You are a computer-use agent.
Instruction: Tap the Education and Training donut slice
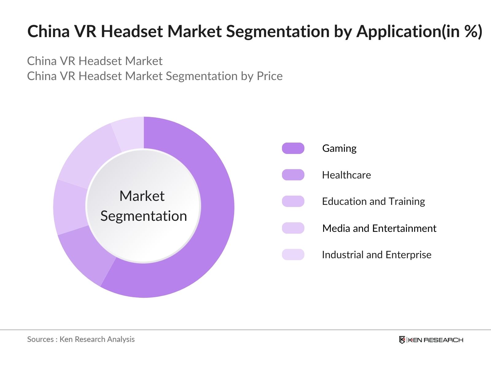point(70,207)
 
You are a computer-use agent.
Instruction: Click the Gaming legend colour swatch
point(293,148)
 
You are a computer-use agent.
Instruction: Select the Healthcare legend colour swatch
point(293,175)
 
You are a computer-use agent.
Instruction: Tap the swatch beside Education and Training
point(293,201)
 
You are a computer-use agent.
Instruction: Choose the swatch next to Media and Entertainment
point(293,228)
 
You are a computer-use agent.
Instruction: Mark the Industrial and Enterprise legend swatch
point(293,255)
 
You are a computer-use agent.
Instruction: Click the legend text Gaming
point(339,148)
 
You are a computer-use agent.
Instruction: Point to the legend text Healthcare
point(346,175)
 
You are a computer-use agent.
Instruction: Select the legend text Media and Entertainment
point(379,228)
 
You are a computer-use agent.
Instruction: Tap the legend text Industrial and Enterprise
point(377,255)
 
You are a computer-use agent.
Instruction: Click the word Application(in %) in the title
point(419,32)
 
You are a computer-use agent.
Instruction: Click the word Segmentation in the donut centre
point(144,216)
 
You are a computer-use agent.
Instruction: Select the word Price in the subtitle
point(269,76)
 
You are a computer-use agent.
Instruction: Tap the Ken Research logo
point(431,340)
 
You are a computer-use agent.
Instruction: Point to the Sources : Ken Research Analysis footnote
point(81,339)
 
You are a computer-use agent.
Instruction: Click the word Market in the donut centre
point(142,196)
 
